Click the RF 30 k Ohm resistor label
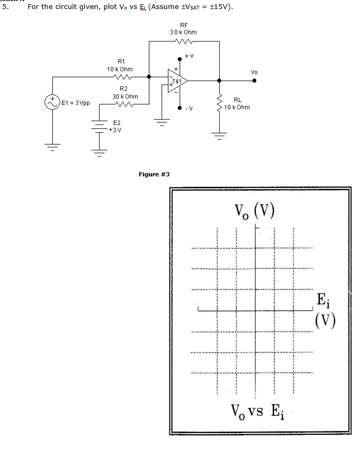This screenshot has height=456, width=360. tap(184, 29)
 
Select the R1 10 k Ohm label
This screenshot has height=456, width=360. tap(120, 65)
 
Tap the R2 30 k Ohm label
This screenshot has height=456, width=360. tap(125, 93)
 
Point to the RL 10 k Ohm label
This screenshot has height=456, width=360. tap(236, 103)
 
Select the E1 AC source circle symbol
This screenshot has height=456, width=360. tap(54, 102)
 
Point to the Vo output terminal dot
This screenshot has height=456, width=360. tap(255, 81)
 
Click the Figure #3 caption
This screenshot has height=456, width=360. tap(154, 174)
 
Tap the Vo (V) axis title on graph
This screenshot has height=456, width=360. tap(256, 211)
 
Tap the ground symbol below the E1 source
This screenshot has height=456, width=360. tap(54, 145)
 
